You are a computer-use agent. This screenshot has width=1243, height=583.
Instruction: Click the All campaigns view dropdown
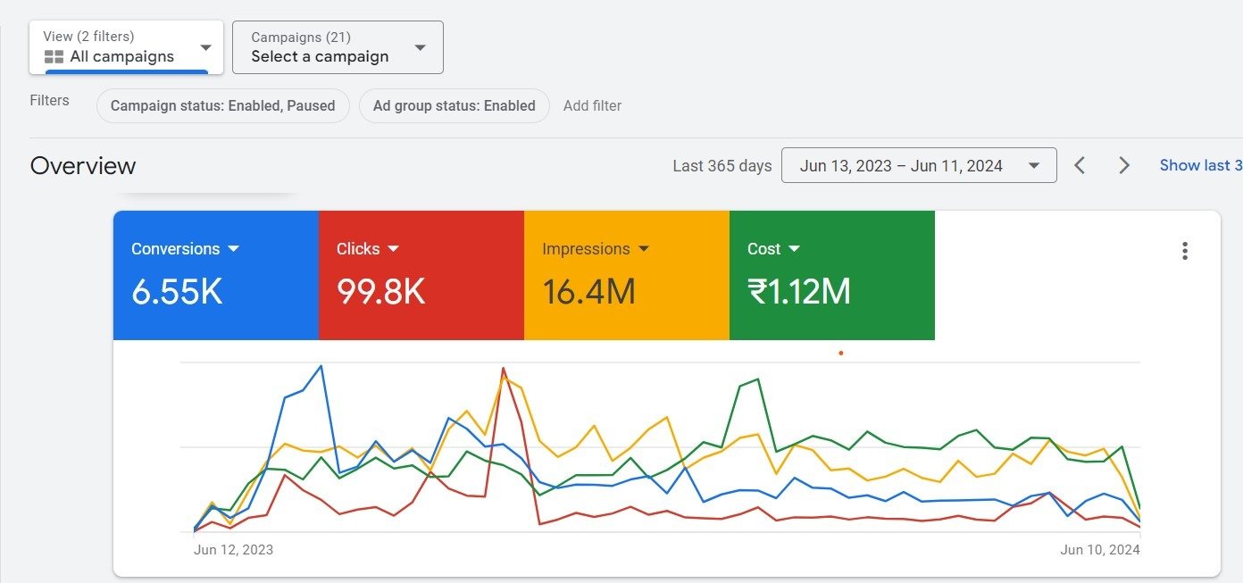tap(126, 47)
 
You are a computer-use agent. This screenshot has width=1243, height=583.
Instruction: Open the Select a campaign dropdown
tap(338, 47)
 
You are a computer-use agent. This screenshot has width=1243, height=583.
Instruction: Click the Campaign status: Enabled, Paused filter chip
tap(222, 105)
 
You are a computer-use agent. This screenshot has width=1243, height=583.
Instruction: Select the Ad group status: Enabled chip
tap(454, 105)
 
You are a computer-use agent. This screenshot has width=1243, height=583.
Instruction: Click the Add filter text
tap(592, 105)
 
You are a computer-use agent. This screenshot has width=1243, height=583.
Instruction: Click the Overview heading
tap(83, 166)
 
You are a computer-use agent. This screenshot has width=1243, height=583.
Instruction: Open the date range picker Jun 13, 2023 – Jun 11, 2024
tap(918, 165)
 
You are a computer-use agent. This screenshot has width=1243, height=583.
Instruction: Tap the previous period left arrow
tap(1080, 165)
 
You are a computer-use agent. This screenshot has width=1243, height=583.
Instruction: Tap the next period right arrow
tap(1124, 165)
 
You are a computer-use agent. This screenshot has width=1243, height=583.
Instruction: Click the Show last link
tap(1200, 165)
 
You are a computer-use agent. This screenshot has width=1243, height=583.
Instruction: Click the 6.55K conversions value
tap(177, 292)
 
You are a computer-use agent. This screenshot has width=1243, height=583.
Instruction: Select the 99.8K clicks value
tap(381, 292)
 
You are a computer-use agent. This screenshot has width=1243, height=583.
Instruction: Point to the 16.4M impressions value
tap(588, 292)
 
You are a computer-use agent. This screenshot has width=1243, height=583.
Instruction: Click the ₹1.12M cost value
tap(798, 292)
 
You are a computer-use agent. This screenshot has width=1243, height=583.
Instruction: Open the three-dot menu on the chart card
tap(1185, 251)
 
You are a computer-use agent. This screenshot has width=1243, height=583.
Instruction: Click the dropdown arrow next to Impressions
tap(644, 249)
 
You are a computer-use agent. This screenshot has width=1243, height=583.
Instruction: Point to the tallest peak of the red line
tap(504, 368)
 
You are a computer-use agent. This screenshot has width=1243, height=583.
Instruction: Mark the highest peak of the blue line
tap(321, 366)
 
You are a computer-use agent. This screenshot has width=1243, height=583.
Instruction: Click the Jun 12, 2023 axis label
tap(233, 550)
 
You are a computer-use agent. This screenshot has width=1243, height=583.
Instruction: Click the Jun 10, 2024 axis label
tap(1099, 550)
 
